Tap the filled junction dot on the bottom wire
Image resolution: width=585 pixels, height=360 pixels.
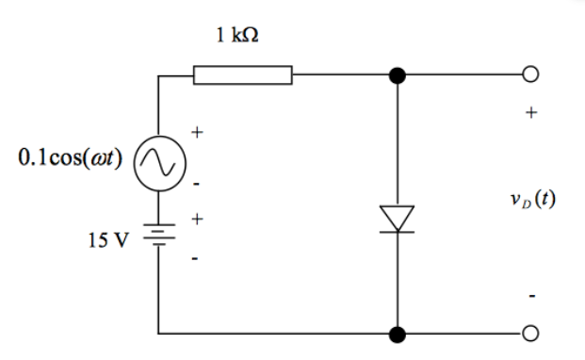tap(398, 334)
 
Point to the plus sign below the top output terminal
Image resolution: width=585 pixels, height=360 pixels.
tap(531, 112)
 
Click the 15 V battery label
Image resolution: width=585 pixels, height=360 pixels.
tap(106, 239)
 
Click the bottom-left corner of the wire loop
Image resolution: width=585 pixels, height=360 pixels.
tap(158, 334)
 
